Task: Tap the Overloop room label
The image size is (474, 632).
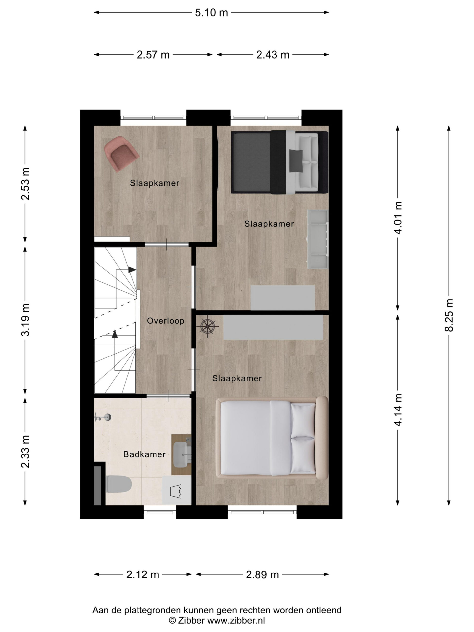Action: pos(165,321)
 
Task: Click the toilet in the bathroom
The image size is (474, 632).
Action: pos(118,484)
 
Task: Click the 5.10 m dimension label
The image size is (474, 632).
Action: pos(211,13)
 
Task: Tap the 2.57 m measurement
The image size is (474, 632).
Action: pos(153,55)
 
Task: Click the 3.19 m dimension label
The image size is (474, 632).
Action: pos(25,320)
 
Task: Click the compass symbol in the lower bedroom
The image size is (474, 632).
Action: pos(208,326)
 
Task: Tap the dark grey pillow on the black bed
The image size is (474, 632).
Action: pos(296,161)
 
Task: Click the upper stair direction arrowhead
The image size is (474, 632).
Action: pos(132,269)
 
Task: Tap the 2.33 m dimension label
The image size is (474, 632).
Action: pos(25,452)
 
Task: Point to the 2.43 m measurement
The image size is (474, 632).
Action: pos(273,55)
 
